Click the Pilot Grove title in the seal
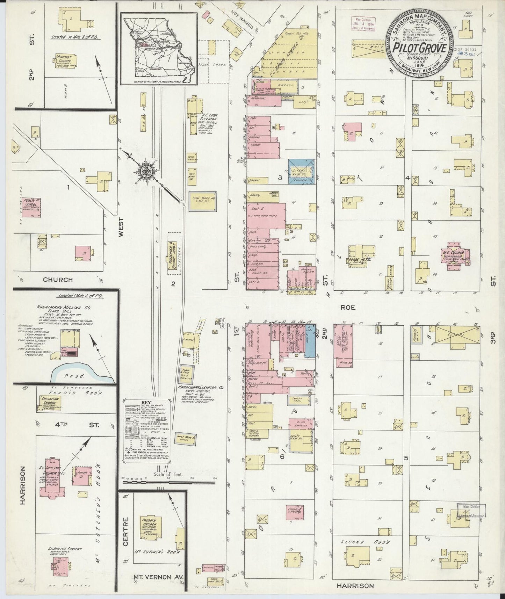tap(420, 47)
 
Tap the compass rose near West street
tap(144, 171)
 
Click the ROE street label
tap(348, 307)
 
